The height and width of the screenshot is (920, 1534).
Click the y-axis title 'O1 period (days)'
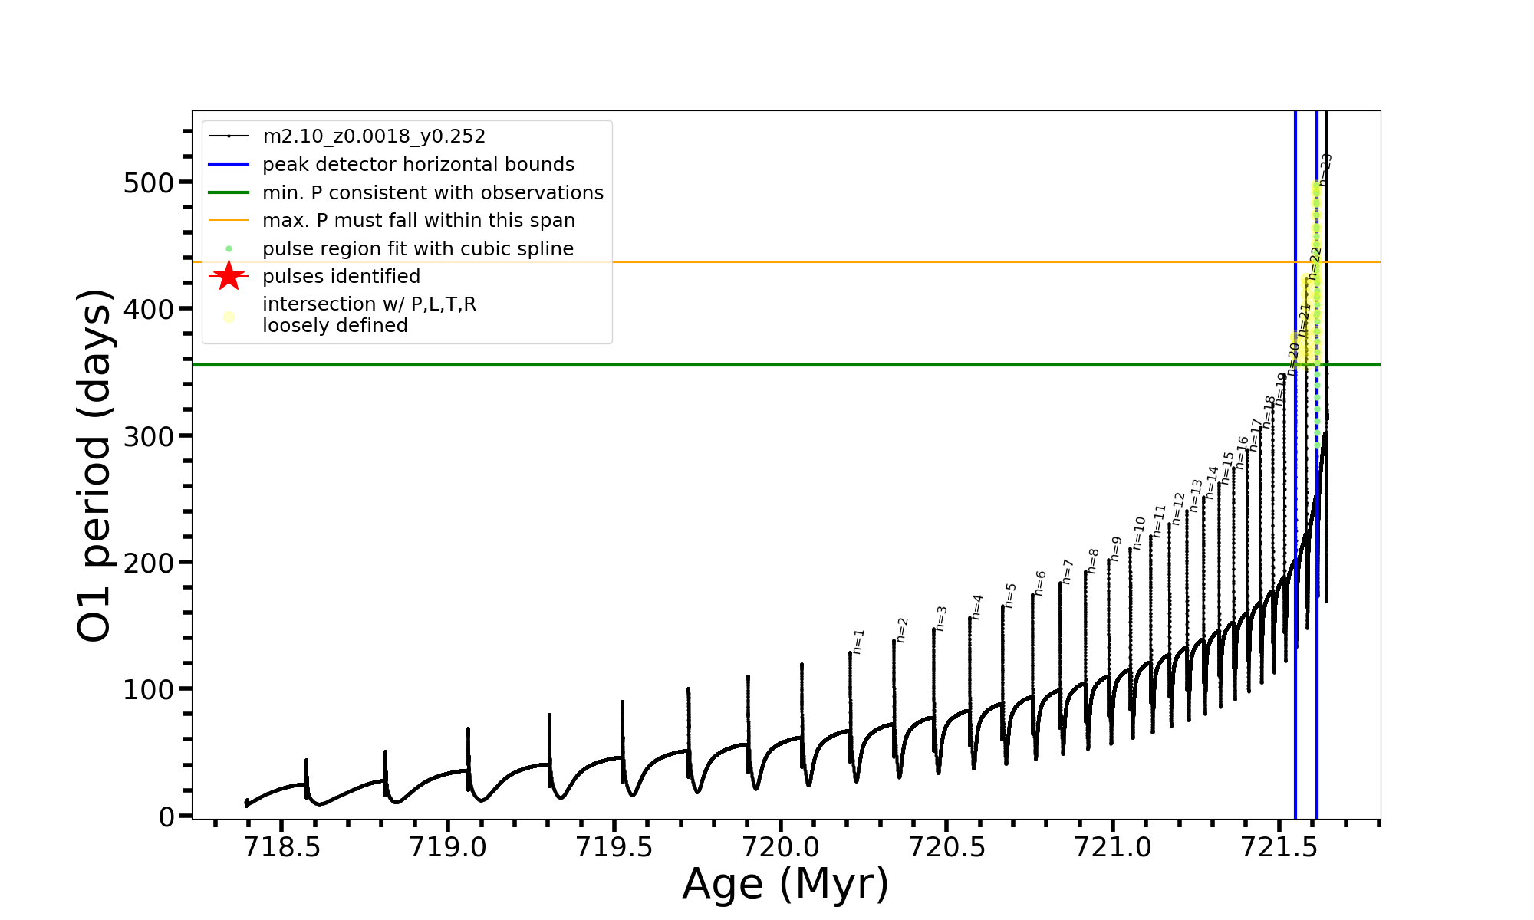point(95,465)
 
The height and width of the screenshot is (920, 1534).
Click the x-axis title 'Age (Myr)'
point(785,883)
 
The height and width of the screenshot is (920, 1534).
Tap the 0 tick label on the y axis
point(166,817)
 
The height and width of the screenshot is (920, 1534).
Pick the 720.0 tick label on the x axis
point(781,847)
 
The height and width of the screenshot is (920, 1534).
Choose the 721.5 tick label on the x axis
point(1279,847)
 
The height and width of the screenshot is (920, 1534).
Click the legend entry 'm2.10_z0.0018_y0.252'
point(374,136)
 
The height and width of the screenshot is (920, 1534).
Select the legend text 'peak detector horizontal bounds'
point(418,165)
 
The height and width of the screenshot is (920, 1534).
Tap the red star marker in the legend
point(229,276)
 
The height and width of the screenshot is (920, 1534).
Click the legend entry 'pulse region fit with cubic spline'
point(417,249)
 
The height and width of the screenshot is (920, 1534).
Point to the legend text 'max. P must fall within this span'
point(418,221)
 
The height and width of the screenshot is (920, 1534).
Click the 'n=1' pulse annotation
point(858,642)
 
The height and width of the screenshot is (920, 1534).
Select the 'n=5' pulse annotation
point(1010,595)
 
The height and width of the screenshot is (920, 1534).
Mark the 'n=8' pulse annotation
point(1093,560)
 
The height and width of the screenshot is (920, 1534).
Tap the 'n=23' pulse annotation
point(1325,169)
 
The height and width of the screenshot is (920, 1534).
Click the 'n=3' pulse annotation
point(941,618)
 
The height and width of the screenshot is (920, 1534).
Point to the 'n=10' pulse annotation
point(1139,532)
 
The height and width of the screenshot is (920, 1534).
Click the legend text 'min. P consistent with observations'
point(433,193)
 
